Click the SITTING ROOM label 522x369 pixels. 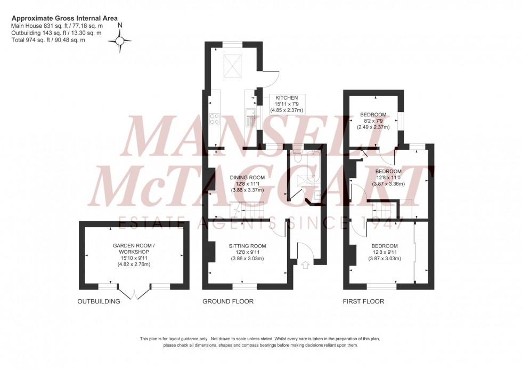tap(247, 246)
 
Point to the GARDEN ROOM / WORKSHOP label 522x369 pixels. tap(134, 248)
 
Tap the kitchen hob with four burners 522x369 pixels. tap(215, 118)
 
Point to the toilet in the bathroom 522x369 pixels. tap(298, 157)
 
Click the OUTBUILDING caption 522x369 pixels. tap(99, 301)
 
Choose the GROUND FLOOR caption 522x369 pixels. tap(227, 301)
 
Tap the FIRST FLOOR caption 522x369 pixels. tap(363, 301)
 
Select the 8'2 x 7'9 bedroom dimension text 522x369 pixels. tap(374, 121)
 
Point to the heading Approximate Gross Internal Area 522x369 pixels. tap(64, 18)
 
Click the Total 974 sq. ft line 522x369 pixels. tap(48, 40)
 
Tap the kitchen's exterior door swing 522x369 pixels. tap(271, 78)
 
